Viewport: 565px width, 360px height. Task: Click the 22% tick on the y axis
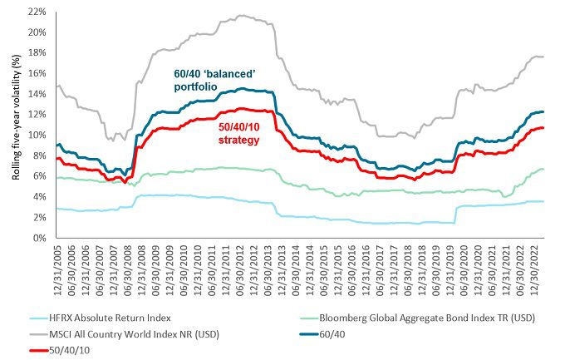[x=35, y=12]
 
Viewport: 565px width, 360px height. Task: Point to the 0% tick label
[x=38, y=239]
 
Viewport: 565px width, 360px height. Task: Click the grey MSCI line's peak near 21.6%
[x=241, y=15]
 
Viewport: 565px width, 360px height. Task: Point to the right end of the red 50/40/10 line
[x=543, y=127]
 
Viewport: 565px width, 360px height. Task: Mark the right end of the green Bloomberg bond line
[x=543, y=169]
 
